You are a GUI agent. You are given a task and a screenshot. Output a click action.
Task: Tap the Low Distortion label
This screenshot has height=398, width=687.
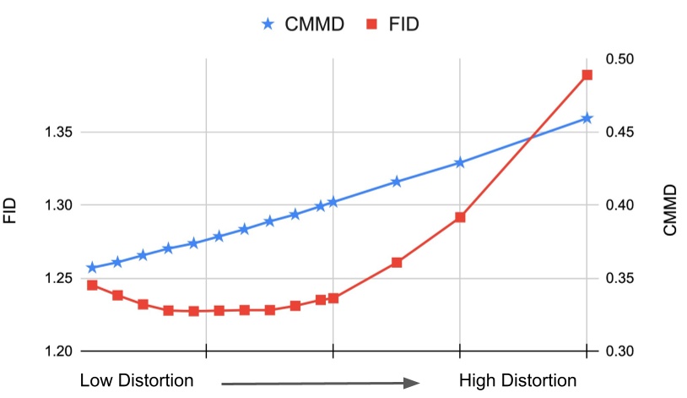(137, 380)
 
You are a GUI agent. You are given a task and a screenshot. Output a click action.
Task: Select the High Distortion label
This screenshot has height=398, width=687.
(517, 380)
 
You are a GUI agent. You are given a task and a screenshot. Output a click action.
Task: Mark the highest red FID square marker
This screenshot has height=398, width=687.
(587, 75)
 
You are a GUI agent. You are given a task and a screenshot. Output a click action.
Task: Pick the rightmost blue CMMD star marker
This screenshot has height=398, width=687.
(587, 118)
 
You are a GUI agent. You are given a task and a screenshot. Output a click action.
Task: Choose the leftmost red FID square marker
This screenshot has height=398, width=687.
(92, 285)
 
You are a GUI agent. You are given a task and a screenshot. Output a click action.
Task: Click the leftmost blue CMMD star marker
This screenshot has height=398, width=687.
(92, 267)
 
